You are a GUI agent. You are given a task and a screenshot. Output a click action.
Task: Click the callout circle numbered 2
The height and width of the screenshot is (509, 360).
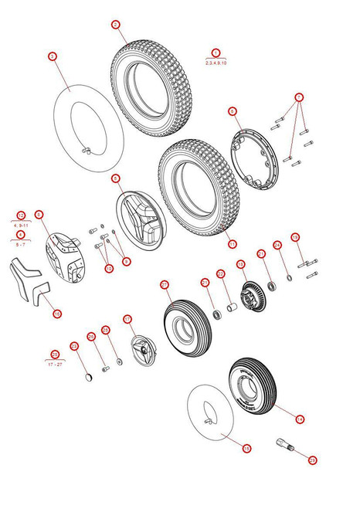pos(115,25)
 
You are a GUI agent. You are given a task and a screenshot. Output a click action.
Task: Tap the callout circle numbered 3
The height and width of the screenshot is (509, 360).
pos(53,56)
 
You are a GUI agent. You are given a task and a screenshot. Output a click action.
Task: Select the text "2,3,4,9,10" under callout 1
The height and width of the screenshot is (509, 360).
pos(216,61)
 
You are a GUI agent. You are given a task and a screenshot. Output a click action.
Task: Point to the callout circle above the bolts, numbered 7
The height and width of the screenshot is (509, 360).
pos(299,97)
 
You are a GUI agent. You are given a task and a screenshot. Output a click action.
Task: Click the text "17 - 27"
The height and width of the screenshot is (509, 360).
pos(55,363)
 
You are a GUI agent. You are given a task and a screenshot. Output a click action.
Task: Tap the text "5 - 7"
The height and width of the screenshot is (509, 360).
pos(21,243)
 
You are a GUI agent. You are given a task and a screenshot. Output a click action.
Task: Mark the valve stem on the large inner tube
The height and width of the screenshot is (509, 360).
pos(89,149)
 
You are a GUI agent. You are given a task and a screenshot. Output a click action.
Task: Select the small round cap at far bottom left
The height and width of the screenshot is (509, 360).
pos(87,376)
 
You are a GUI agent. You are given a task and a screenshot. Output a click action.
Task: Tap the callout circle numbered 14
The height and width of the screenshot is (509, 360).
pos(300,419)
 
